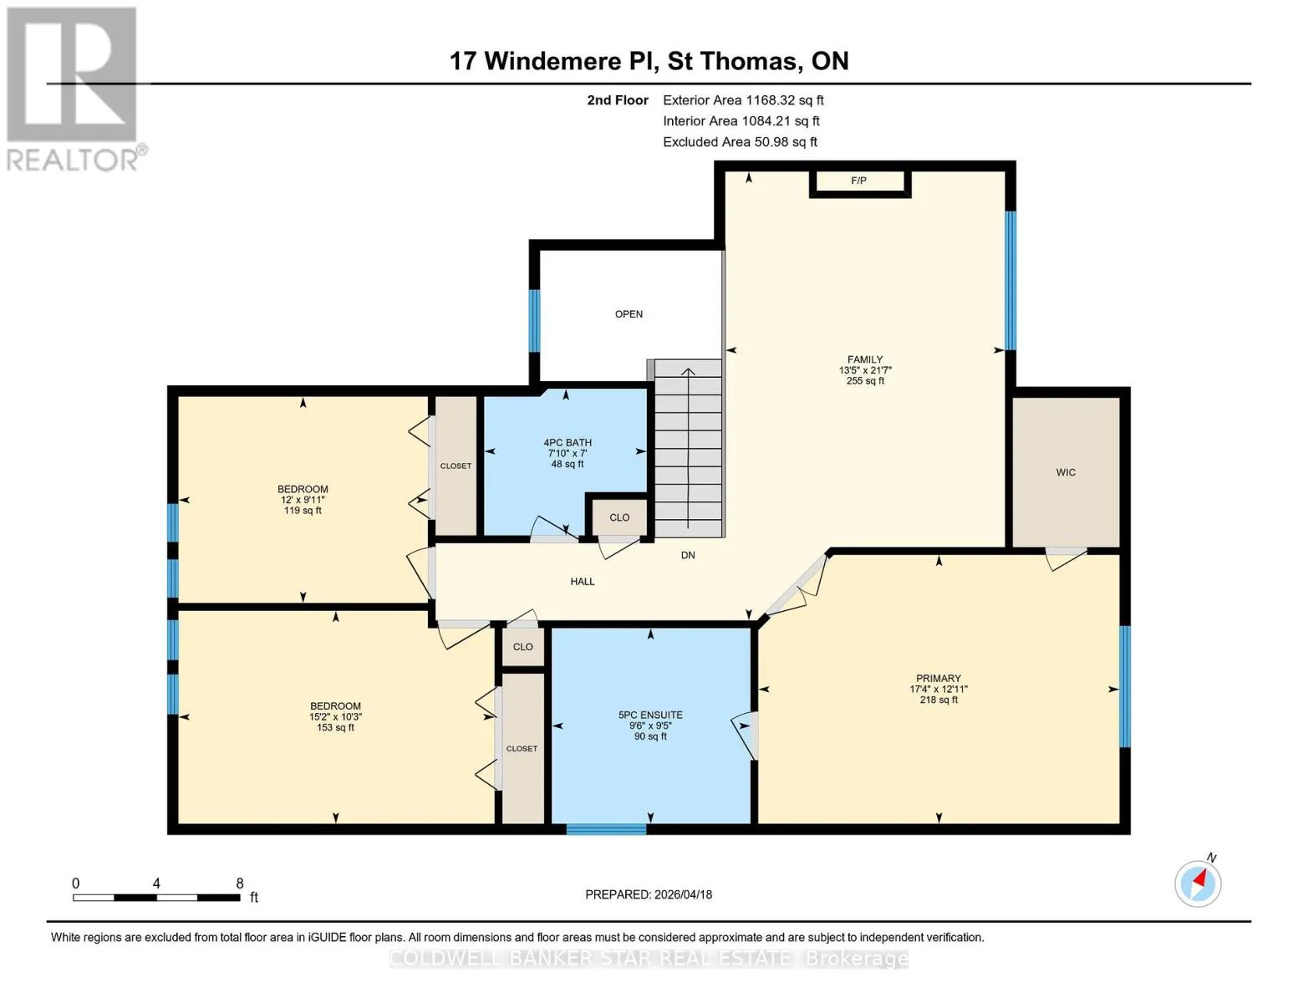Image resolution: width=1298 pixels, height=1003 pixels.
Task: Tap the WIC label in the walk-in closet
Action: point(1066,472)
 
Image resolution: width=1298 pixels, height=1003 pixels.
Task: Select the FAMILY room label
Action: point(865,359)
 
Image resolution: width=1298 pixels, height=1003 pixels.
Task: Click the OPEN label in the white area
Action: point(629,314)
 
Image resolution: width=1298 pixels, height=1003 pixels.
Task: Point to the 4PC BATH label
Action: point(568,443)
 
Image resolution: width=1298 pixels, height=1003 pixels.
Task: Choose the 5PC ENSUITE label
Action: point(650,715)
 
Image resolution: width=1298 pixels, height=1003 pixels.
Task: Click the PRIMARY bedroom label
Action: point(939,679)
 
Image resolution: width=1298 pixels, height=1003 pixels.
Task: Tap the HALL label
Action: point(583,581)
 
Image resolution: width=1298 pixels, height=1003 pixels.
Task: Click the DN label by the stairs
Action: point(688,555)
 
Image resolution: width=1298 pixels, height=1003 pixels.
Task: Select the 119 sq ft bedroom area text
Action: point(303,511)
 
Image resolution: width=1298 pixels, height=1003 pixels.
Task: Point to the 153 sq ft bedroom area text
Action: point(336,728)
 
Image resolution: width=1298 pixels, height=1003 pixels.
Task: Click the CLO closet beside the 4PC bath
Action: point(619,517)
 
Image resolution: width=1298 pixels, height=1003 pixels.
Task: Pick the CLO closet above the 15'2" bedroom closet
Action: point(522,647)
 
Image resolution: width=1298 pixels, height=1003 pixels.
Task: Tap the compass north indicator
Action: point(1198,883)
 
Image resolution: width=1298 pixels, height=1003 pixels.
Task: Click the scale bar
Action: point(156,897)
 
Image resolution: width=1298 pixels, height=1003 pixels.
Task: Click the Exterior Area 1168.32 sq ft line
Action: point(743,100)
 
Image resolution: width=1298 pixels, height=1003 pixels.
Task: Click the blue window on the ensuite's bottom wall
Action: point(606,829)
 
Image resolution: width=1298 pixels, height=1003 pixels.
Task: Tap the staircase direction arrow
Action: point(688,448)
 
